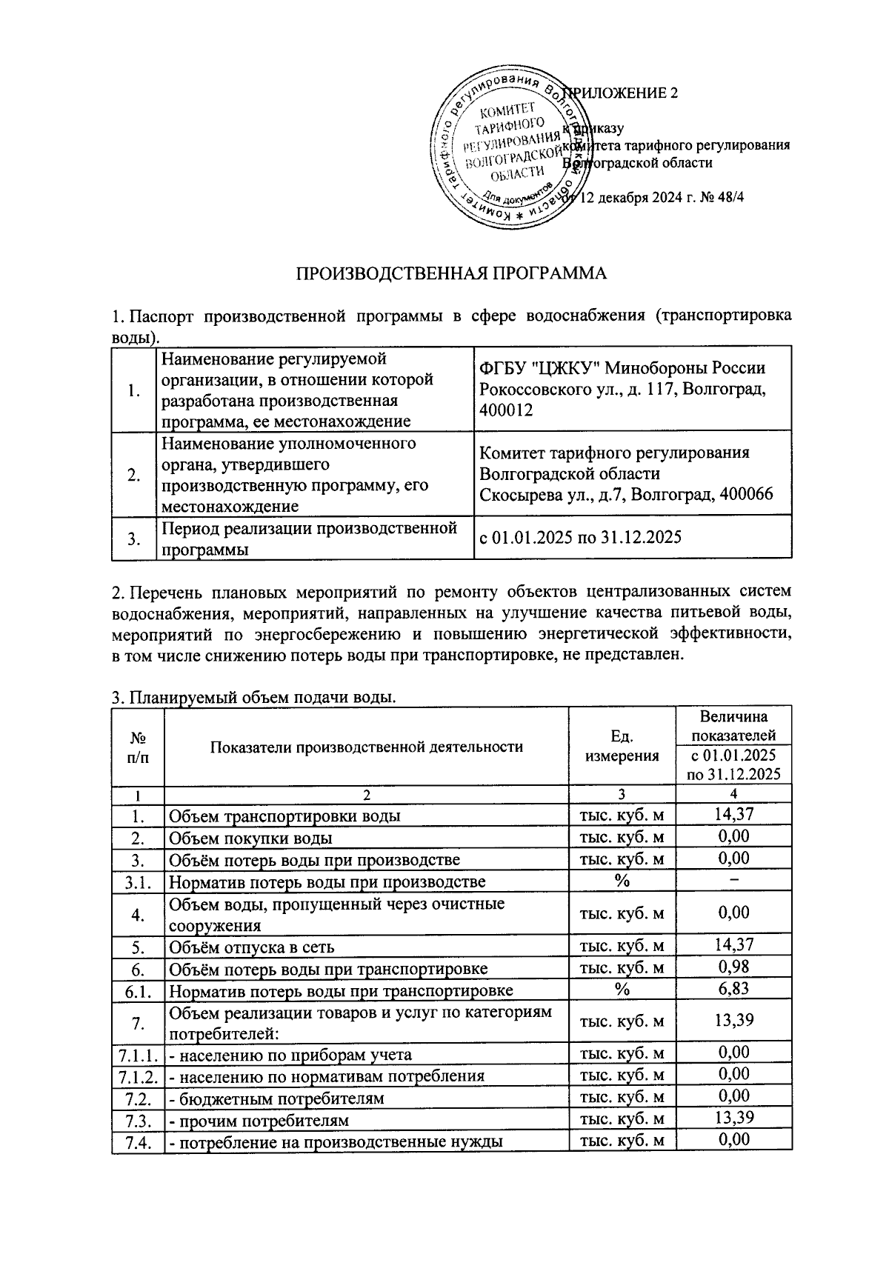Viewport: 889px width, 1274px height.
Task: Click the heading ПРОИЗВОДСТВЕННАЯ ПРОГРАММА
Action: [451, 275]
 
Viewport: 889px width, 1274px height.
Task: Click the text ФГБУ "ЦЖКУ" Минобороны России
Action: [622, 368]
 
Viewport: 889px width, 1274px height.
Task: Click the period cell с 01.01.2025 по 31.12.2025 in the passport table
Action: [580, 537]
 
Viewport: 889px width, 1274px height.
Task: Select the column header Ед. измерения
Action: [622, 746]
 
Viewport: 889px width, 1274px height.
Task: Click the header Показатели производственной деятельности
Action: [366, 747]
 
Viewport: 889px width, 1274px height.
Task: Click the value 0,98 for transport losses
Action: [733, 967]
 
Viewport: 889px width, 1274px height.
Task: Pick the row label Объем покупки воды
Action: [250, 838]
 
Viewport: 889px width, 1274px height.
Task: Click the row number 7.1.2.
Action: [137, 1075]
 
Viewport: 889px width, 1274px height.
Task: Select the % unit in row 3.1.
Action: [622, 881]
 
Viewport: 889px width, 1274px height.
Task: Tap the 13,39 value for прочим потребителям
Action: [733, 1118]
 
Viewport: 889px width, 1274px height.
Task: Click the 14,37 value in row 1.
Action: [733, 815]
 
